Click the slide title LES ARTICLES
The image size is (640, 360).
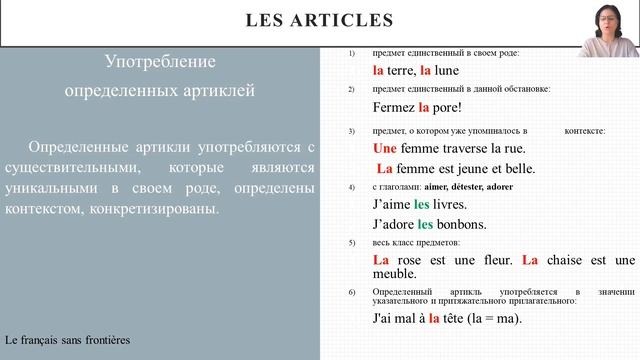pos(319,20)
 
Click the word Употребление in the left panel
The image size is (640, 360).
pos(160,62)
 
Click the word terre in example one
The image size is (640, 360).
pos(402,70)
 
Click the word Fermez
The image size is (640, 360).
pos(394,107)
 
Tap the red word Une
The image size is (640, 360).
pos(385,148)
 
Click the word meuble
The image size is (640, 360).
pos(393,273)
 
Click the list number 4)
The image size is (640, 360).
pos(352,187)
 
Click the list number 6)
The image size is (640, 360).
pos(352,291)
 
